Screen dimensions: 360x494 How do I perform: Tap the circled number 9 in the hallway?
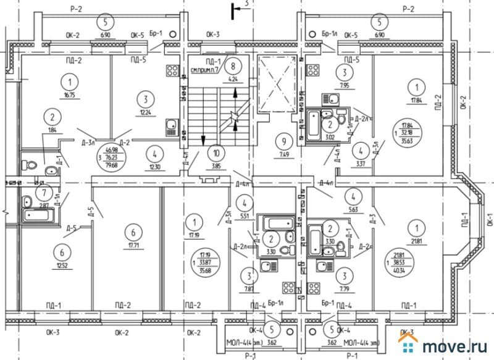[285, 139]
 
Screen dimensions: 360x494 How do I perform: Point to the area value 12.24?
[145, 113]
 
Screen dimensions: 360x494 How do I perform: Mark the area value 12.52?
[61, 266]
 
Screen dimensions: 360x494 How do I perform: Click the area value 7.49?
[285, 154]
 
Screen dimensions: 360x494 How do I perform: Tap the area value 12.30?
[154, 166]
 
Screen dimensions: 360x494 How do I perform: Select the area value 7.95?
[343, 86]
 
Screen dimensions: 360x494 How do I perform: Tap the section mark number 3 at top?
[245, 5]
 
